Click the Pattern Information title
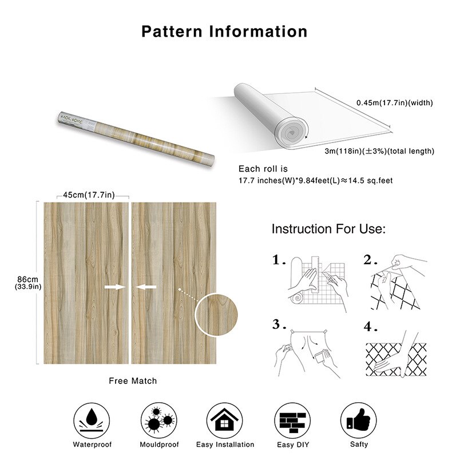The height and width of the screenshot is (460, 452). click(224, 31)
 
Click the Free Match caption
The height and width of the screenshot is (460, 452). click(133, 380)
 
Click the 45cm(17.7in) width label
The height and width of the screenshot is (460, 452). click(89, 195)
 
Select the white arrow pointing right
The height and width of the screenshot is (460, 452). click(114, 287)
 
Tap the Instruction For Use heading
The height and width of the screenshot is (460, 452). click(328, 230)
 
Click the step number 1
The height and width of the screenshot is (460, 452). click(279, 260)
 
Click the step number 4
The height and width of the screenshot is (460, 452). click(370, 328)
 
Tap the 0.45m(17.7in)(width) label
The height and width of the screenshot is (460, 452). click(395, 103)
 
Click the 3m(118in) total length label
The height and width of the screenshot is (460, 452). click(379, 151)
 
